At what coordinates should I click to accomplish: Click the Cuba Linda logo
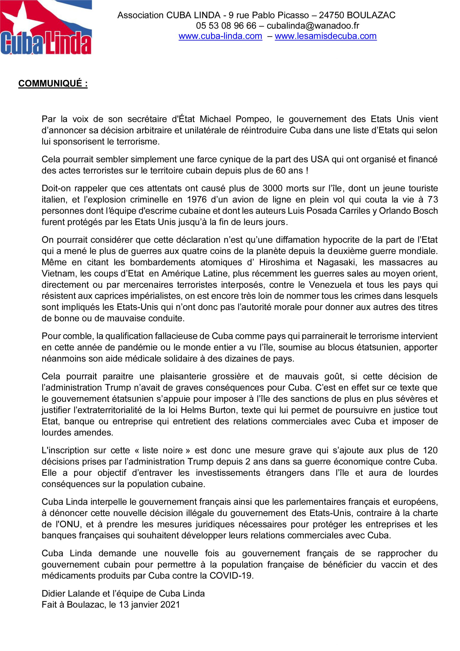pyautogui.click(x=46, y=27)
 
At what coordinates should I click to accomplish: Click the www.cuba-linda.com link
pyautogui.click(x=220, y=36)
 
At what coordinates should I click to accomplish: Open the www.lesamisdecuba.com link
pyautogui.click(x=326, y=36)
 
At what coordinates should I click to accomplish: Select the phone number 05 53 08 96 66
pyautogui.click(x=226, y=26)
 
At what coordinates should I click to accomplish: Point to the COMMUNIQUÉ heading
pyautogui.click(x=53, y=83)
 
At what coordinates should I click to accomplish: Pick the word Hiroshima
pyautogui.click(x=279, y=262)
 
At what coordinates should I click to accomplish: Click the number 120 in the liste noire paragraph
pyautogui.click(x=430, y=450)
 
